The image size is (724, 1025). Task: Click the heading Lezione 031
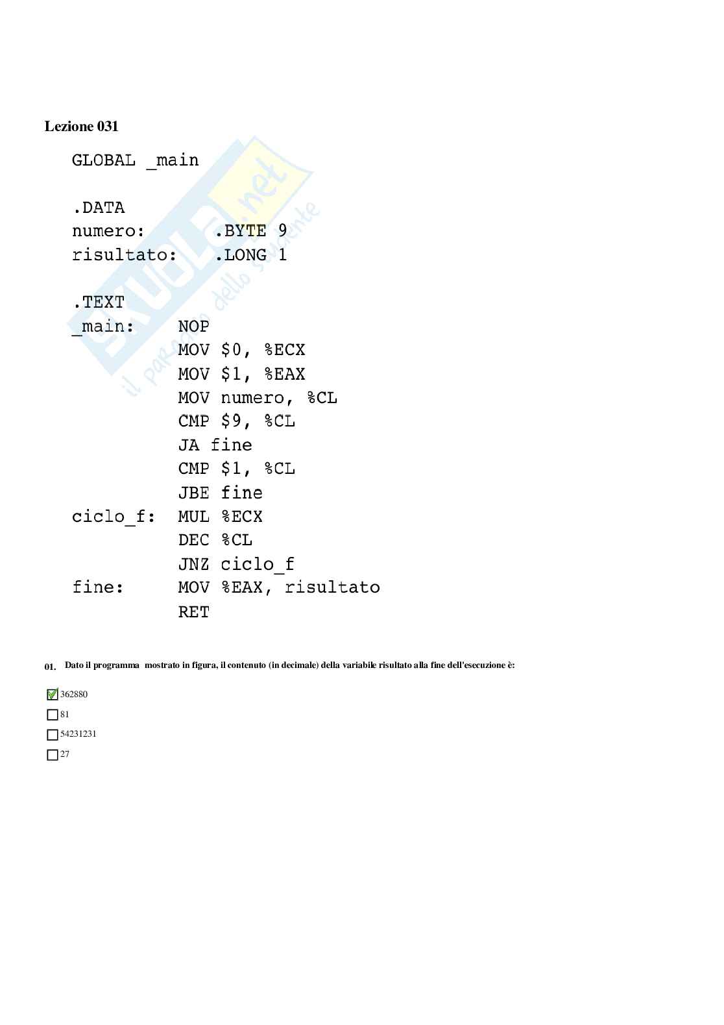click(81, 127)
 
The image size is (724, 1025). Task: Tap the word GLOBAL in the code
click(104, 160)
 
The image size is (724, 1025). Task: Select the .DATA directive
click(98, 208)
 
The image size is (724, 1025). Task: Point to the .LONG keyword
click(240, 255)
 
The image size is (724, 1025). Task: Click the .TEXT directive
click(98, 303)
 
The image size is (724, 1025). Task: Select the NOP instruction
click(193, 327)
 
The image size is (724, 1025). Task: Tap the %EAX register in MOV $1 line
click(284, 374)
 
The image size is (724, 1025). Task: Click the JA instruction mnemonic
click(188, 445)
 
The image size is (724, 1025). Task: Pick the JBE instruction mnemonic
click(193, 493)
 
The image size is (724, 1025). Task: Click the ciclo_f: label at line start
click(114, 517)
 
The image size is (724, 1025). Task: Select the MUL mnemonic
click(193, 517)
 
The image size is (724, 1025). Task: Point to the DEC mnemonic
click(193, 540)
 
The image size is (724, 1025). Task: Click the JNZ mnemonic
click(193, 564)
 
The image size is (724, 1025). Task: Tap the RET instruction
click(193, 611)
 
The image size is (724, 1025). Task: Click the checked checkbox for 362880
click(53, 695)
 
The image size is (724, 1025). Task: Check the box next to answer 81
click(53, 715)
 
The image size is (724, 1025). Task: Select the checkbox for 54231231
click(53, 735)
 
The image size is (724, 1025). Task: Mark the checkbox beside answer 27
click(53, 755)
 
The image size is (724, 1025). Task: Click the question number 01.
click(50, 667)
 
